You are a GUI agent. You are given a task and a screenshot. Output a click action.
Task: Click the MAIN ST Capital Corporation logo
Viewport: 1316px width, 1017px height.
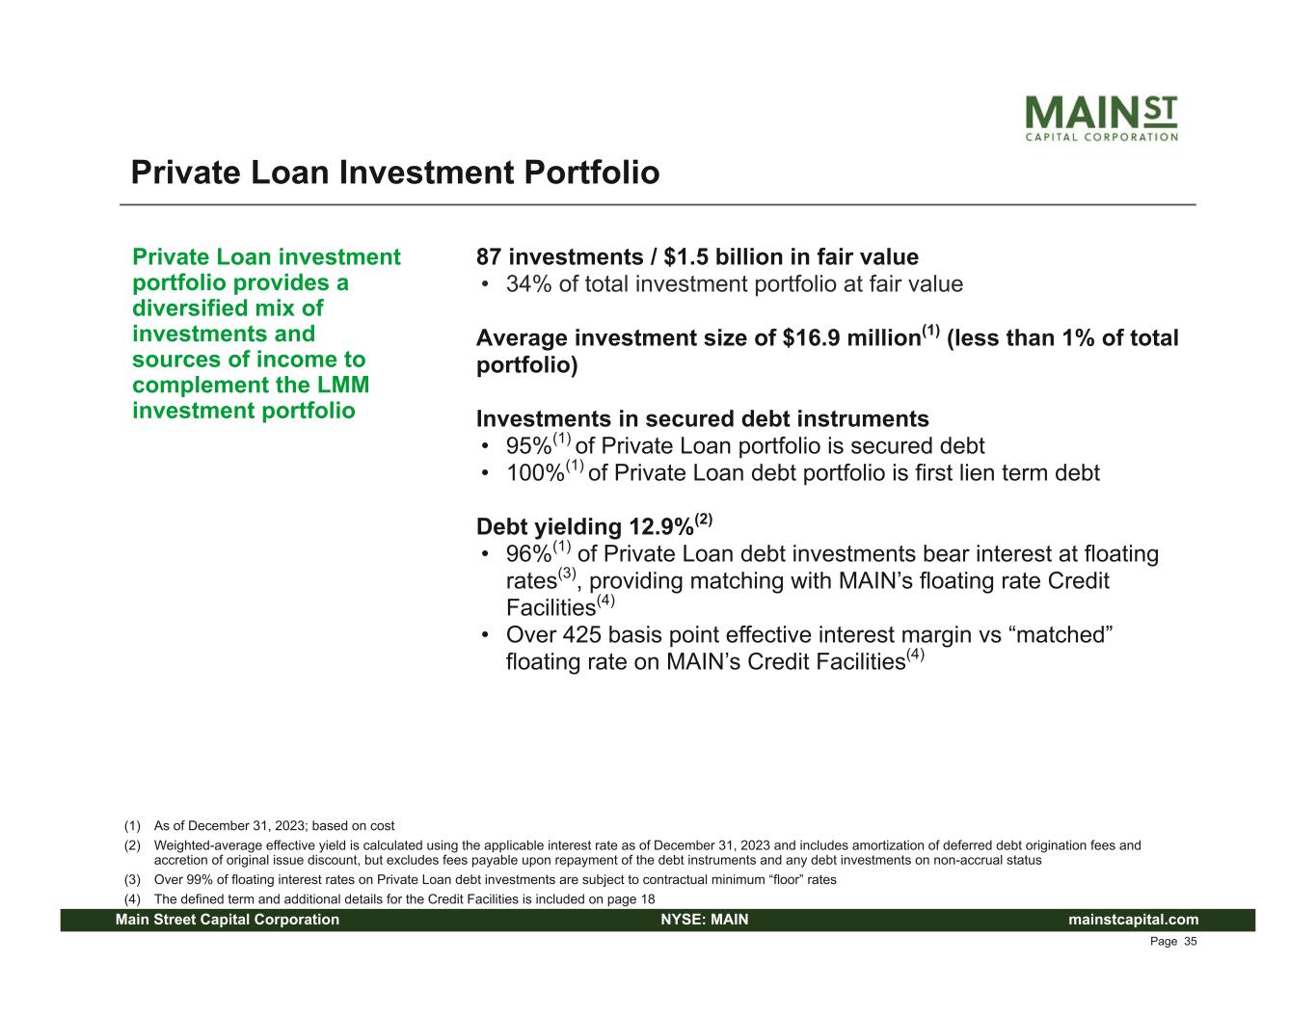point(1101,118)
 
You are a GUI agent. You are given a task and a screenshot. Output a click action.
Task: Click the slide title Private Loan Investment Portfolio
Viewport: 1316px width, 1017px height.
point(395,173)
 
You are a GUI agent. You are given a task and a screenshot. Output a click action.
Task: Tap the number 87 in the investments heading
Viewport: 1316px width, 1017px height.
point(489,257)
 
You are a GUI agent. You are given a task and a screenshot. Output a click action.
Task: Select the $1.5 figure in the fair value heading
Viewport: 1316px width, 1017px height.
point(685,257)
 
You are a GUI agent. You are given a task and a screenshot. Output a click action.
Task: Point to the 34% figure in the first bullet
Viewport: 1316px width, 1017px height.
point(528,284)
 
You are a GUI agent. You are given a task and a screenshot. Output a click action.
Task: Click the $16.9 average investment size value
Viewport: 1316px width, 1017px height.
point(811,337)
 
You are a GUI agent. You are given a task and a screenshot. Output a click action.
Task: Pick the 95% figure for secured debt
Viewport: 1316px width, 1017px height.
point(528,446)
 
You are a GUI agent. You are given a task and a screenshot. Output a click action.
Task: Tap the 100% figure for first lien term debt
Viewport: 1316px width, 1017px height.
point(535,472)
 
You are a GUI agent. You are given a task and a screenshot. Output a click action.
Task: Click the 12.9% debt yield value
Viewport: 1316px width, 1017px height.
point(661,526)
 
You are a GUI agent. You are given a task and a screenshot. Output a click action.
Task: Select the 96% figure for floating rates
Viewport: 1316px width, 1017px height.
point(528,554)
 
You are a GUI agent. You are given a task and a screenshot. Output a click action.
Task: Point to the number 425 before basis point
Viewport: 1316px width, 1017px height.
point(582,635)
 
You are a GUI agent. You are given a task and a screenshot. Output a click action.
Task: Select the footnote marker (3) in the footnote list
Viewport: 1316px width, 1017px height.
point(132,879)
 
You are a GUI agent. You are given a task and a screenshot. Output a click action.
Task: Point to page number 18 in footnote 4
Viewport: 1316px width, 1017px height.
point(648,899)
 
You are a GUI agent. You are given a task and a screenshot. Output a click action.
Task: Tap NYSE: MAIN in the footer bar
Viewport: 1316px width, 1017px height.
point(705,920)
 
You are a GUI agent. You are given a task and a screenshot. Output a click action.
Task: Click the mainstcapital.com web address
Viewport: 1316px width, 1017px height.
point(1133,920)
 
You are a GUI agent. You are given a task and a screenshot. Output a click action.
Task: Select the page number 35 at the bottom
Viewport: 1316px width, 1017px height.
point(1191,942)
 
